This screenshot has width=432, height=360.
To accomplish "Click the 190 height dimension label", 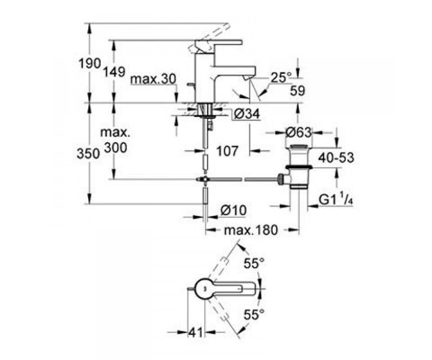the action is (x=90, y=63).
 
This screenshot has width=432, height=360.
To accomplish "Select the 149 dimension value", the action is (x=114, y=72).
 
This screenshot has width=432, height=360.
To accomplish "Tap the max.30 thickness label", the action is (x=153, y=79).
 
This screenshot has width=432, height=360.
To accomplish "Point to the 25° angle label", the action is (x=281, y=77).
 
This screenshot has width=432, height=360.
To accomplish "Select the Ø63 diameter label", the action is (x=298, y=132).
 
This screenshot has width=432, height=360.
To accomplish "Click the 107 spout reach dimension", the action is (x=228, y=151).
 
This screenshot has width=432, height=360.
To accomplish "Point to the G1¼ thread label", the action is (x=336, y=200).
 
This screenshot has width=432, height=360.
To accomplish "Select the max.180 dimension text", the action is (x=251, y=230).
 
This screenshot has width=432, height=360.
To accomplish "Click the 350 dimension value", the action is (x=88, y=154).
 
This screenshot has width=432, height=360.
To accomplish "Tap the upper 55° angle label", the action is (x=254, y=263).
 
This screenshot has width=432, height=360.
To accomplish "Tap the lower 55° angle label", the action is (x=254, y=315).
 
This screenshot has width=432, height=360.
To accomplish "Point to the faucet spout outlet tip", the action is (x=247, y=78).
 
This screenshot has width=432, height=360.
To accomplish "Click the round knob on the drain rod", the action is (x=280, y=179).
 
